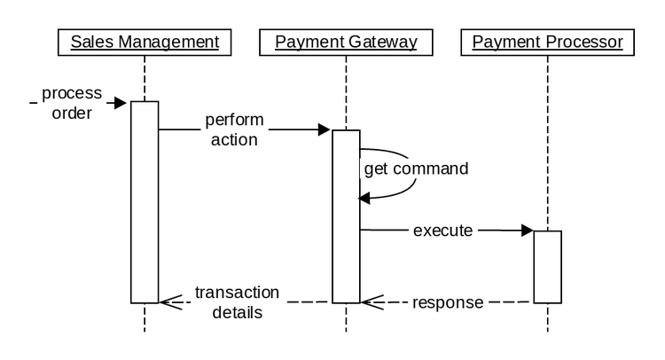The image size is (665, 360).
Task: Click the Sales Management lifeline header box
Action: (144, 42)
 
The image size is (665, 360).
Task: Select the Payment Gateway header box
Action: (346, 42)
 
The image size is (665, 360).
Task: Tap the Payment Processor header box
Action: (547, 42)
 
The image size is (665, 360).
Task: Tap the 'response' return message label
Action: (448, 303)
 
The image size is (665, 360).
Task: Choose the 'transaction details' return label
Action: (237, 302)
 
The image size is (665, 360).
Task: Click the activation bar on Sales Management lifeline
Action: (145, 202)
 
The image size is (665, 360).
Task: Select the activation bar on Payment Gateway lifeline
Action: (346, 216)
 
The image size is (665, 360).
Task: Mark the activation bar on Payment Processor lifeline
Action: (547, 266)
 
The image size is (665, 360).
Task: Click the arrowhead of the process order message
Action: (123, 103)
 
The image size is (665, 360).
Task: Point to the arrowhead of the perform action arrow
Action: (325, 130)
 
